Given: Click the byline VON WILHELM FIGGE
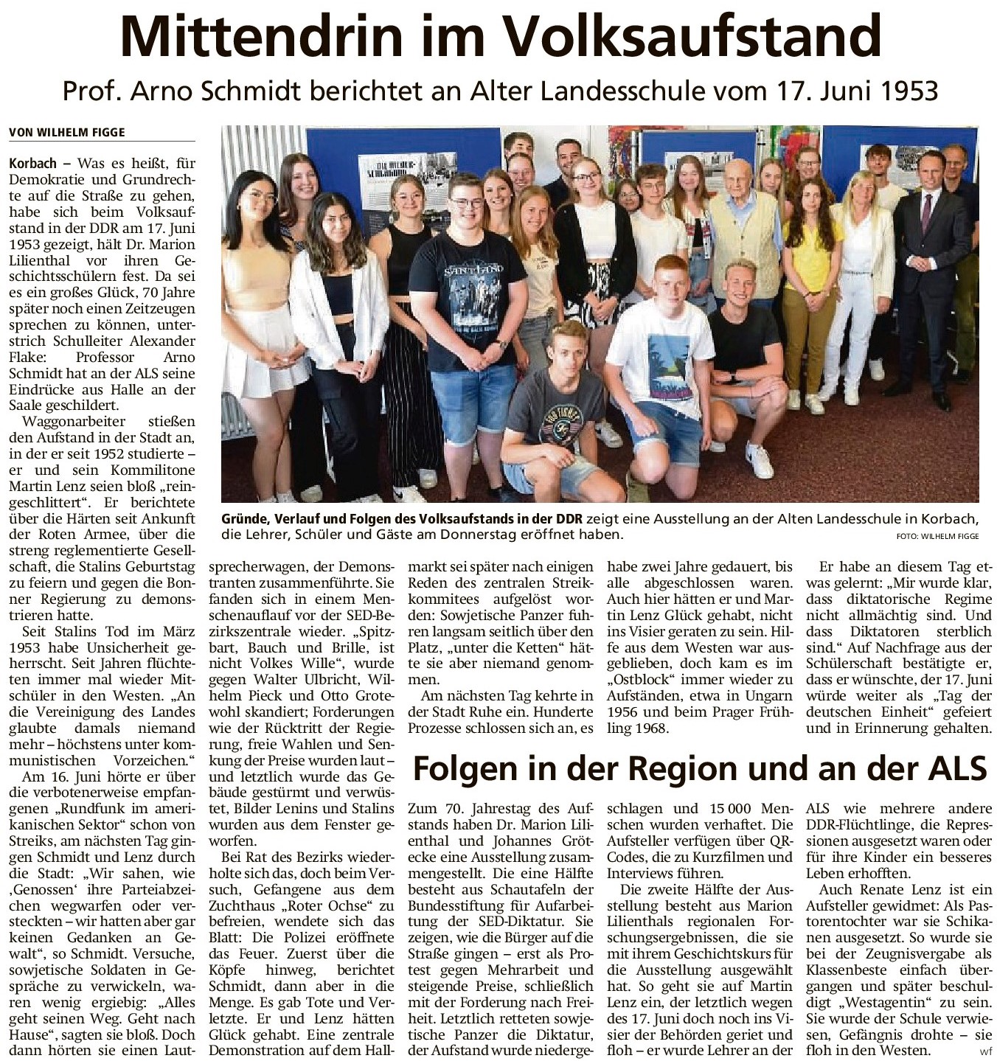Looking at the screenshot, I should pyautogui.click(x=67, y=133).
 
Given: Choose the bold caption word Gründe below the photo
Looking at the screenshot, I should pyautogui.click(x=243, y=519).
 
